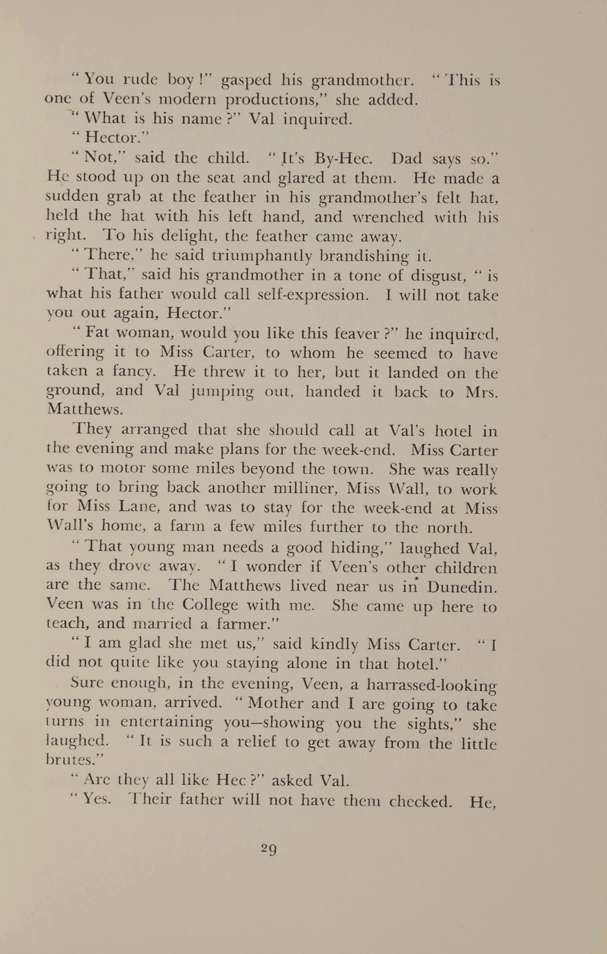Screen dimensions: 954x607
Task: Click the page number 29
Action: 269,849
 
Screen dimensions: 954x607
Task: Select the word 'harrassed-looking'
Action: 432,685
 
